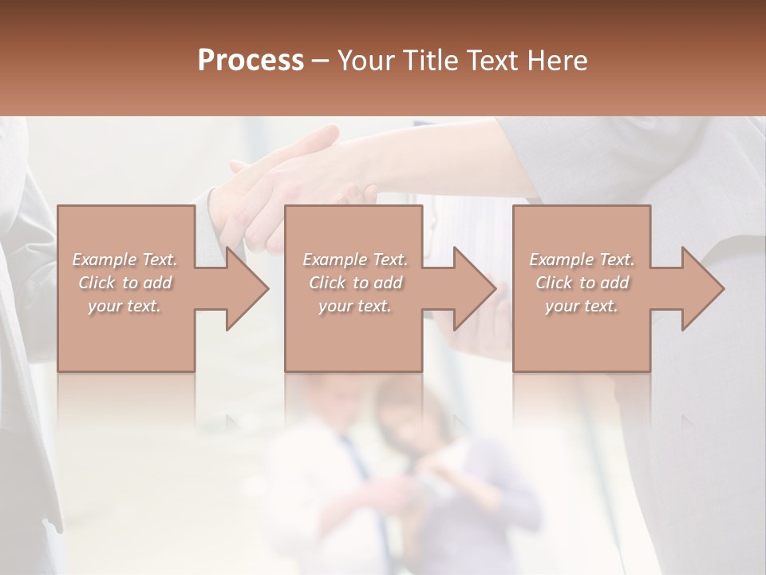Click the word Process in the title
click(251, 61)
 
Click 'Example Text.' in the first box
click(124, 260)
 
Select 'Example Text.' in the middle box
click(354, 260)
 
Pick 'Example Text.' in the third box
click(582, 260)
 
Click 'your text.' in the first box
click(124, 306)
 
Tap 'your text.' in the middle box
click(354, 306)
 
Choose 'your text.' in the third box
click(582, 306)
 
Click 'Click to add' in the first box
click(124, 283)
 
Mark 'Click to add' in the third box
click(582, 283)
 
